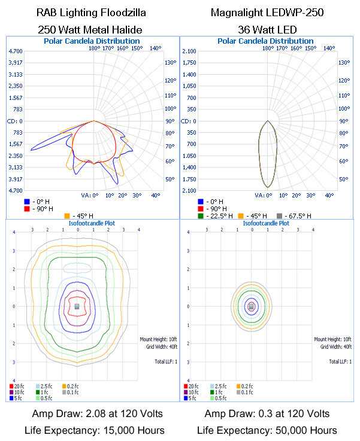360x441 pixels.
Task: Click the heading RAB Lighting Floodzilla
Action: pyautogui.click(x=90, y=12)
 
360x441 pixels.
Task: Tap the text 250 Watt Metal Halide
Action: pyautogui.click(x=90, y=28)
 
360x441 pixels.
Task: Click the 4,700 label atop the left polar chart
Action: pyautogui.click(x=16, y=51)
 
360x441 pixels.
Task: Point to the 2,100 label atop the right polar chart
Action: pyautogui.click(x=189, y=51)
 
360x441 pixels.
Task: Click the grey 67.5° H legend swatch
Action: pyautogui.click(x=279, y=215)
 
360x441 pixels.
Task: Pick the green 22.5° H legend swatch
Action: pyautogui.click(x=201, y=215)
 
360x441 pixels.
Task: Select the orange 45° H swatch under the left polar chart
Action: pyautogui.click(x=66, y=215)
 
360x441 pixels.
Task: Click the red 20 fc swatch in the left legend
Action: pyautogui.click(x=11, y=387)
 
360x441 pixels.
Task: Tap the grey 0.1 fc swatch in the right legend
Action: pyautogui.click(x=240, y=393)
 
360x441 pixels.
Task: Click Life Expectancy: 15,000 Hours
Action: pyautogui.click(x=90, y=430)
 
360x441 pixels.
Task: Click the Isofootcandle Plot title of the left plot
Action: pyautogui.click(x=91, y=223)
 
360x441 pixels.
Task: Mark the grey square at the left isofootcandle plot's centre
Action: pyautogui.click(x=77, y=306)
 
